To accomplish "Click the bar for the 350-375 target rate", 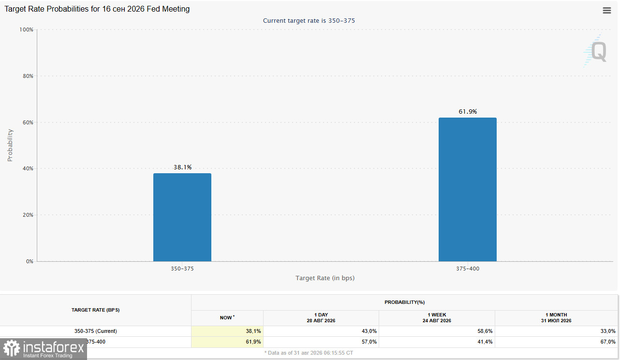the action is [x=182, y=217].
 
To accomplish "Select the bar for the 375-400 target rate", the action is [x=468, y=189].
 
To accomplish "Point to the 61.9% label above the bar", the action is [x=468, y=112].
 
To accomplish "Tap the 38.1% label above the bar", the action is [x=182, y=167].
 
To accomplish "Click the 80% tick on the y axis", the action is [x=28, y=76].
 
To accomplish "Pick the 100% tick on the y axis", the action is [x=26, y=30].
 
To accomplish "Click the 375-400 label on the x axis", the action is [x=468, y=269].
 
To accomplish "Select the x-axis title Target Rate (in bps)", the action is [x=325, y=278].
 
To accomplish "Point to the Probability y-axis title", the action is [x=10, y=145].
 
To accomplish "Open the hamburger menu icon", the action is [x=607, y=11].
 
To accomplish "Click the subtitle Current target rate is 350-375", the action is [x=309, y=21].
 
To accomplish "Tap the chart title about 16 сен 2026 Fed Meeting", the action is [x=97, y=9].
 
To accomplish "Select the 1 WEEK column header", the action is [x=437, y=317].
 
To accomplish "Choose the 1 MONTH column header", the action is [x=556, y=317].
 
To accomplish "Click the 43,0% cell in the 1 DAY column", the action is [x=369, y=331].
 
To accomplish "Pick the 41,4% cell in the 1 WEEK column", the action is [x=485, y=342].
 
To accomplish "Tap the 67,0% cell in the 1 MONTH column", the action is [x=608, y=342].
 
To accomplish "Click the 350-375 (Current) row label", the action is [x=95, y=331].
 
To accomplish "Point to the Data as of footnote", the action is [x=309, y=353].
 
